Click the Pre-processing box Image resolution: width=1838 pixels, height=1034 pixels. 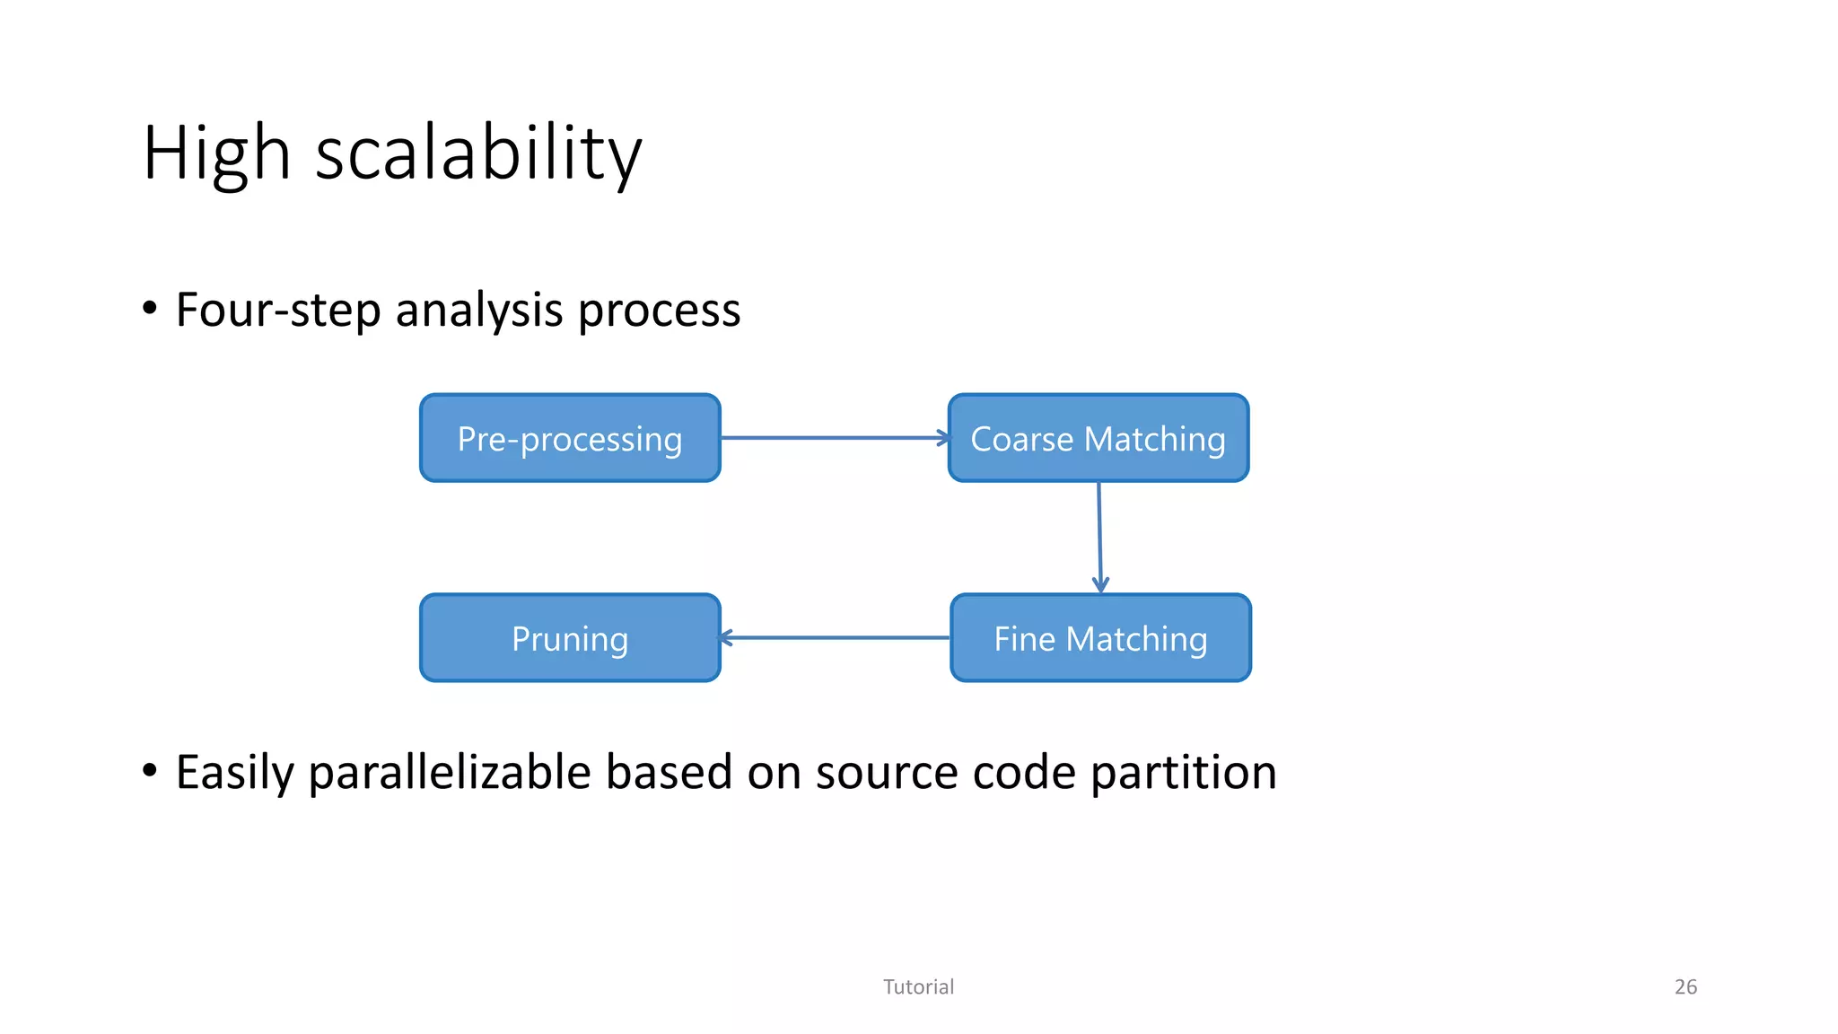[570, 438]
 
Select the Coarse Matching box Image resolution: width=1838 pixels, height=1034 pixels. [1098, 438]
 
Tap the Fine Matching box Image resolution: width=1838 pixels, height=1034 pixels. [1100, 638]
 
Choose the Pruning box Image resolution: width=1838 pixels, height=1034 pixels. [570, 638]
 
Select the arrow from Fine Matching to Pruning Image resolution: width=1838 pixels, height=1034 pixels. [835, 638]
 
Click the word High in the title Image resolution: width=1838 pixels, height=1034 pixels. [216, 153]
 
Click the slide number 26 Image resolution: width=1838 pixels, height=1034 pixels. [1685, 986]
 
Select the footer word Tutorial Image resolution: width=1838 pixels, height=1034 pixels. [918, 986]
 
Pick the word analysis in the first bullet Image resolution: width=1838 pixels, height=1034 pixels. [479, 311]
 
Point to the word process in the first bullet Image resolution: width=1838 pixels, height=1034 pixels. [659, 311]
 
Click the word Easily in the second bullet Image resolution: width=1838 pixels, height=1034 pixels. [234, 773]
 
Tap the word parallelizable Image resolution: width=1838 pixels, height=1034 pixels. [449, 773]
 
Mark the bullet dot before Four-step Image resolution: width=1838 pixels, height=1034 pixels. [150, 309]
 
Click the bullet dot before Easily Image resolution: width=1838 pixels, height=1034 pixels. [150, 770]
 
